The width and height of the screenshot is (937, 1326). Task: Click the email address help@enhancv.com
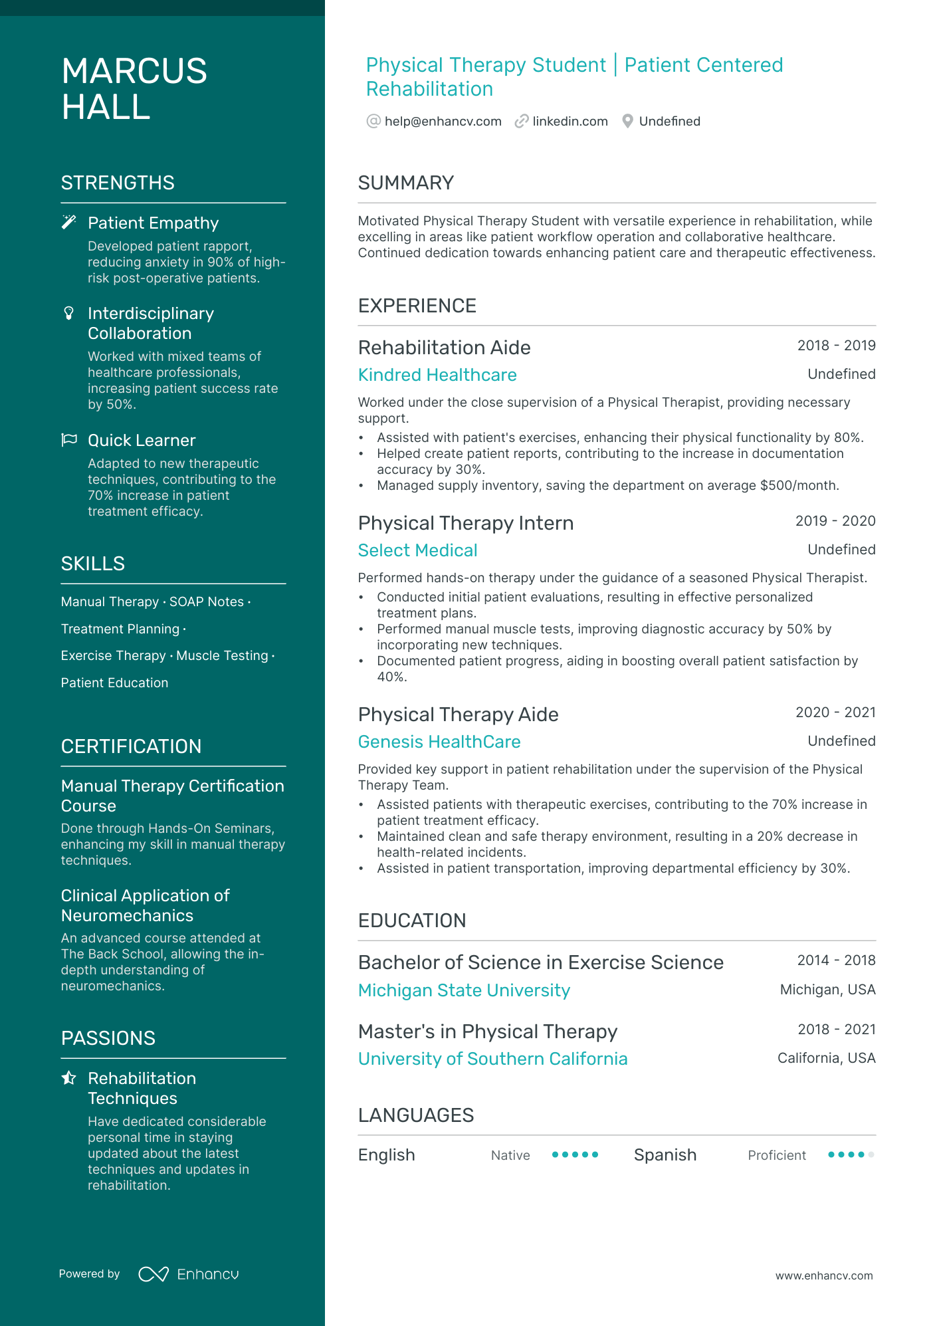(443, 121)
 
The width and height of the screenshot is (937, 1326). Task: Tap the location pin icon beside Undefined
(627, 121)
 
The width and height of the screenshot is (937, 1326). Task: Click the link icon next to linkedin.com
(522, 121)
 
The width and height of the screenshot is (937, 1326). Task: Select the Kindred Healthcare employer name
(437, 375)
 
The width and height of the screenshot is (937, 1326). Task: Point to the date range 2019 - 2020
(835, 521)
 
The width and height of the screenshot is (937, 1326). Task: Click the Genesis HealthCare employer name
(439, 742)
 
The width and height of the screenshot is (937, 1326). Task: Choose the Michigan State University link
(464, 990)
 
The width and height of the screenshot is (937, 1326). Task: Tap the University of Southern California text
(492, 1059)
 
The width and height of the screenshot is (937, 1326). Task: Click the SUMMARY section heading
(406, 183)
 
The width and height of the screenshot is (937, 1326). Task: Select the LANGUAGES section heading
(416, 1115)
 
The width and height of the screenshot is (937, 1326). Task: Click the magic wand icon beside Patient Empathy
(68, 222)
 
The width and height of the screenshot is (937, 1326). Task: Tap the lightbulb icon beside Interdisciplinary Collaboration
(68, 313)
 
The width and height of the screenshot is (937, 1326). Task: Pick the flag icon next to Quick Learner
(69, 440)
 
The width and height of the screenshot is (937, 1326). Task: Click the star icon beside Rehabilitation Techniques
(68, 1078)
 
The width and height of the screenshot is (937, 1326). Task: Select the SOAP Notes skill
(207, 602)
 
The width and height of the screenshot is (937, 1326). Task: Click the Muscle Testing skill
(222, 655)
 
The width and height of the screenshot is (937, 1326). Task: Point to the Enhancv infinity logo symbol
(154, 1274)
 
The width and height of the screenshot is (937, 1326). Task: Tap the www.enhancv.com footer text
(824, 1275)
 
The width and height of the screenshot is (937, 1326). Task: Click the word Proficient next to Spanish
(777, 1155)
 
